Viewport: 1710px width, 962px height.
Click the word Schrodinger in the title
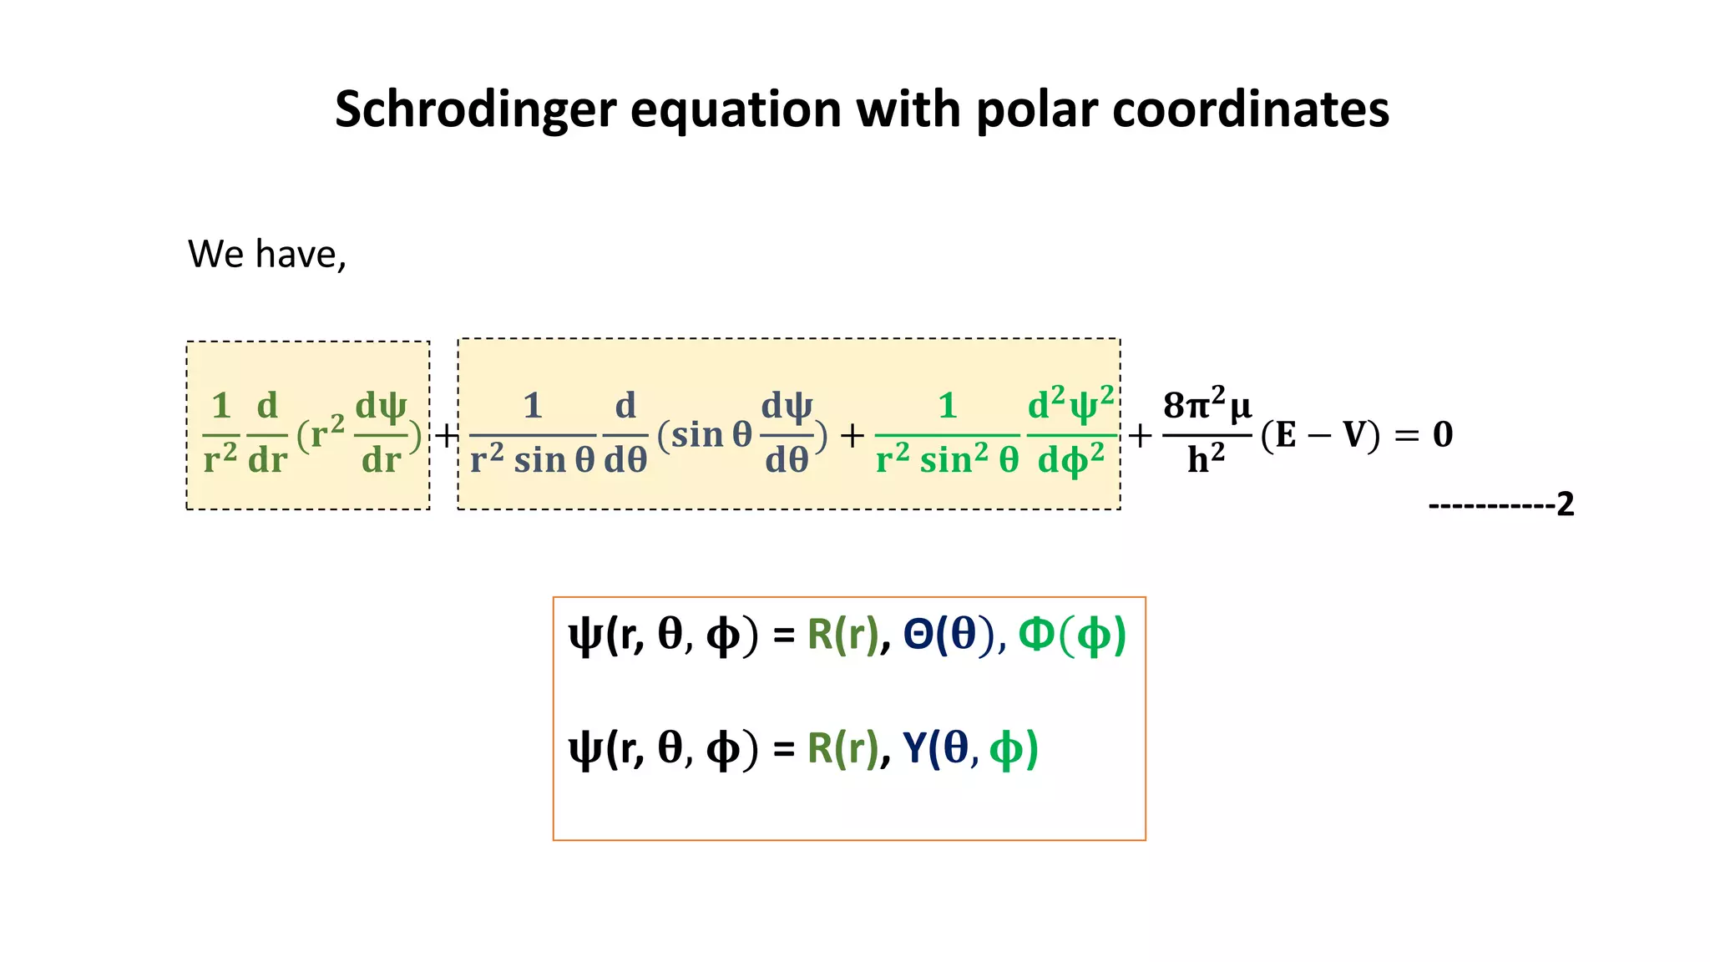click(475, 109)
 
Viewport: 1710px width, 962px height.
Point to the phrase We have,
click(266, 254)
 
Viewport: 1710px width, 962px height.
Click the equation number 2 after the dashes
click(1565, 504)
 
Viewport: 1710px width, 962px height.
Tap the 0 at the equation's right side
click(1443, 434)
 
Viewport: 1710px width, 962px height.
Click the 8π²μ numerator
click(1207, 406)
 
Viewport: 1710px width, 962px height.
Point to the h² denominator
click(1206, 459)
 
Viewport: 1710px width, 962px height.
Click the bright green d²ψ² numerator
click(1070, 404)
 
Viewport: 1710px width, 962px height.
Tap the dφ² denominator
click(1070, 459)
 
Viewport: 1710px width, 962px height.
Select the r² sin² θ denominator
click(947, 459)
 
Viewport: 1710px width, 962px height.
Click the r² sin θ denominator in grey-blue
click(532, 459)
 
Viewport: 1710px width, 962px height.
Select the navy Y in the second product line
click(915, 748)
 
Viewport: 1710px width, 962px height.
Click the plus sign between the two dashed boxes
click(446, 435)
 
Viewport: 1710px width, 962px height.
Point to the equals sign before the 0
click(1406, 435)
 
